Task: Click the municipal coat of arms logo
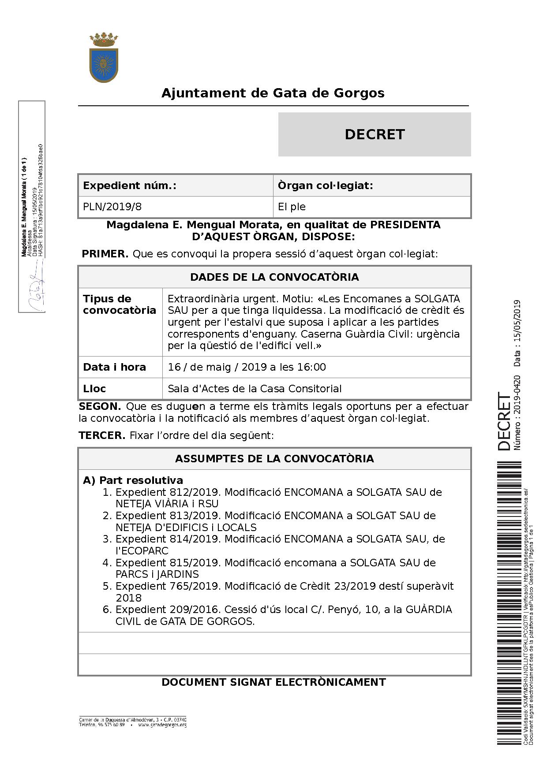point(104,58)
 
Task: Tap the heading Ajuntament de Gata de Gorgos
point(273,93)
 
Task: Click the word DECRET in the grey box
point(375,134)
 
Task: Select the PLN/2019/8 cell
point(112,207)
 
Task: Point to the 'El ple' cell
point(292,207)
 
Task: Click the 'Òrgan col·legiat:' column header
point(326,186)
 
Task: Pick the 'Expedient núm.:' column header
point(130,186)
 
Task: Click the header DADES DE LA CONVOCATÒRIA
point(274,277)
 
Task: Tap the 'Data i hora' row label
point(114,367)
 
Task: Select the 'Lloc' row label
point(94,389)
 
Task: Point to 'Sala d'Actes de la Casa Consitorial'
point(255,389)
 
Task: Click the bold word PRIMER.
point(105,254)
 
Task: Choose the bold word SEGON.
point(100,406)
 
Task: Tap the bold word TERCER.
point(102,435)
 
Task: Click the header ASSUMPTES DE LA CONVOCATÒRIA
point(274,459)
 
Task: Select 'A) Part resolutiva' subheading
point(133,480)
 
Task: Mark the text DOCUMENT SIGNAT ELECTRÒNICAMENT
point(273,682)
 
